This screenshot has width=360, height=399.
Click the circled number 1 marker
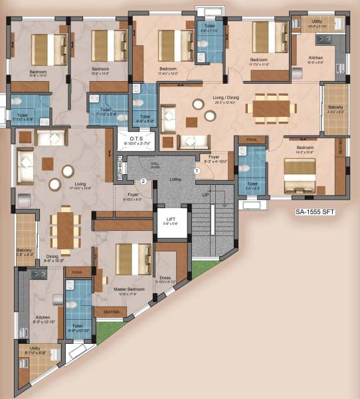click(x=197, y=171)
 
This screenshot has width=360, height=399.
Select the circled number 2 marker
click(x=142, y=181)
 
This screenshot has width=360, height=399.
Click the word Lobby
click(x=175, y=179)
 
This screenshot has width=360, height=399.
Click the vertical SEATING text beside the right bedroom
click(x=341, y=145)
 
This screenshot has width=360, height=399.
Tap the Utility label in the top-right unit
click(x=317, y=22)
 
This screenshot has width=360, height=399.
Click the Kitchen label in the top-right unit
click(x=316, y=59)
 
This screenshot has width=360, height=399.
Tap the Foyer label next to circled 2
click(x=134, y=195)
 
